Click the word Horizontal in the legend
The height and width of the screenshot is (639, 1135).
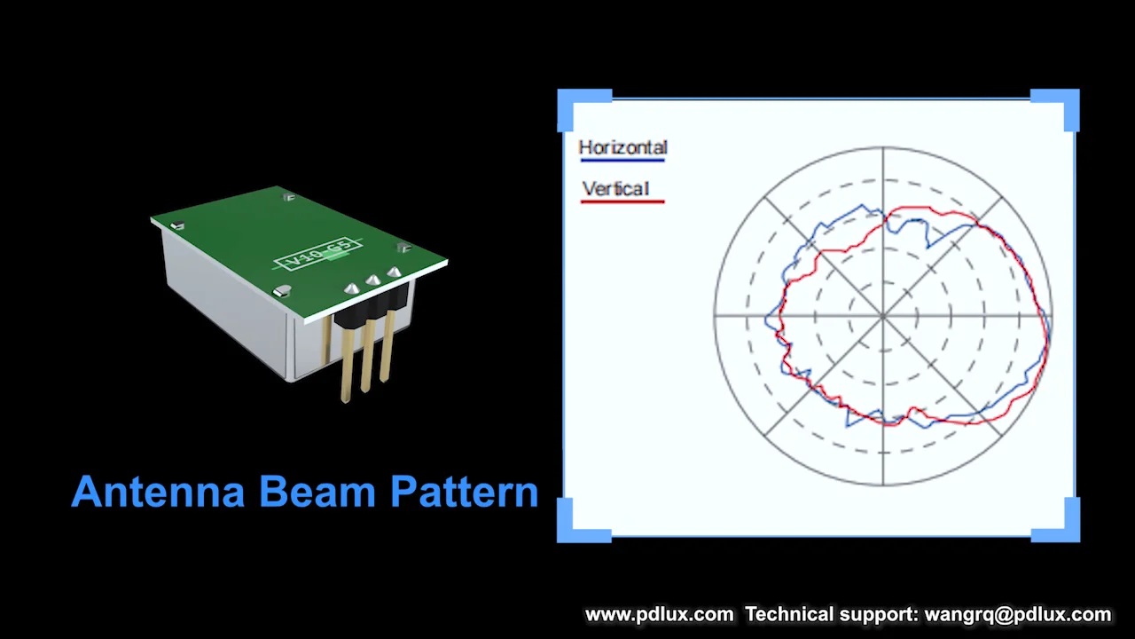622,147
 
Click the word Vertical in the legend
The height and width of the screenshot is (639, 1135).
616,188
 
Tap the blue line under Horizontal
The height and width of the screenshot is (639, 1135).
622,161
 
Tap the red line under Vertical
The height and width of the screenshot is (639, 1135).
622,202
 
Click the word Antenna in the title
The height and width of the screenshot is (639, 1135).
157,492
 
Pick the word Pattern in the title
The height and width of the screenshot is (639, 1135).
464,492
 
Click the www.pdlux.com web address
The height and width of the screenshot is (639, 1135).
659,614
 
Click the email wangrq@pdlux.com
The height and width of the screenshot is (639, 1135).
1017,614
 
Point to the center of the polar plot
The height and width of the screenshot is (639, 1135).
883,315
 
